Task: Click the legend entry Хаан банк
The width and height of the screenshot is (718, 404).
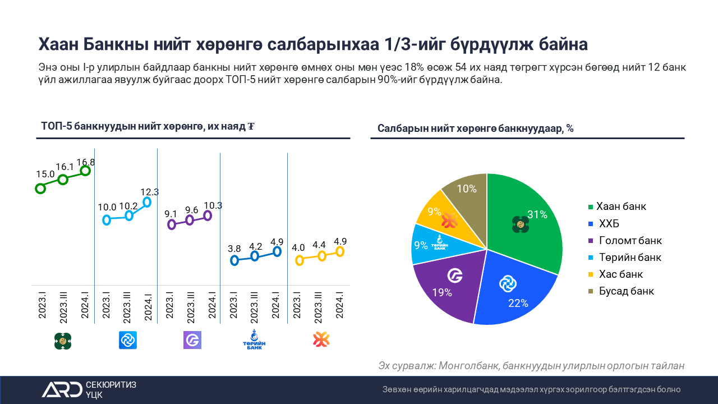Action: coord(621,206)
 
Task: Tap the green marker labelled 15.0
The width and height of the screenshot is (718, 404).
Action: coord(40,189)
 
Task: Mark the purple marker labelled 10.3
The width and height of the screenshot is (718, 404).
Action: coord(208,215)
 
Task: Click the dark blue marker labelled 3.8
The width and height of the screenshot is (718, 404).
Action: coord(234,260)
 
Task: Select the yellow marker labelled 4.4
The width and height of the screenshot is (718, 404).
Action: coord(322,256)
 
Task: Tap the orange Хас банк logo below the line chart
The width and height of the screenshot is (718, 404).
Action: coord(320,339)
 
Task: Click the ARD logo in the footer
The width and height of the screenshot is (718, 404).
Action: coord(62,389)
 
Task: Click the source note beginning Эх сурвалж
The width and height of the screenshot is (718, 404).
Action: coord(531,366)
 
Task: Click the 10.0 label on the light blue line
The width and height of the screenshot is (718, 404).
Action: coord(107,208)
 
